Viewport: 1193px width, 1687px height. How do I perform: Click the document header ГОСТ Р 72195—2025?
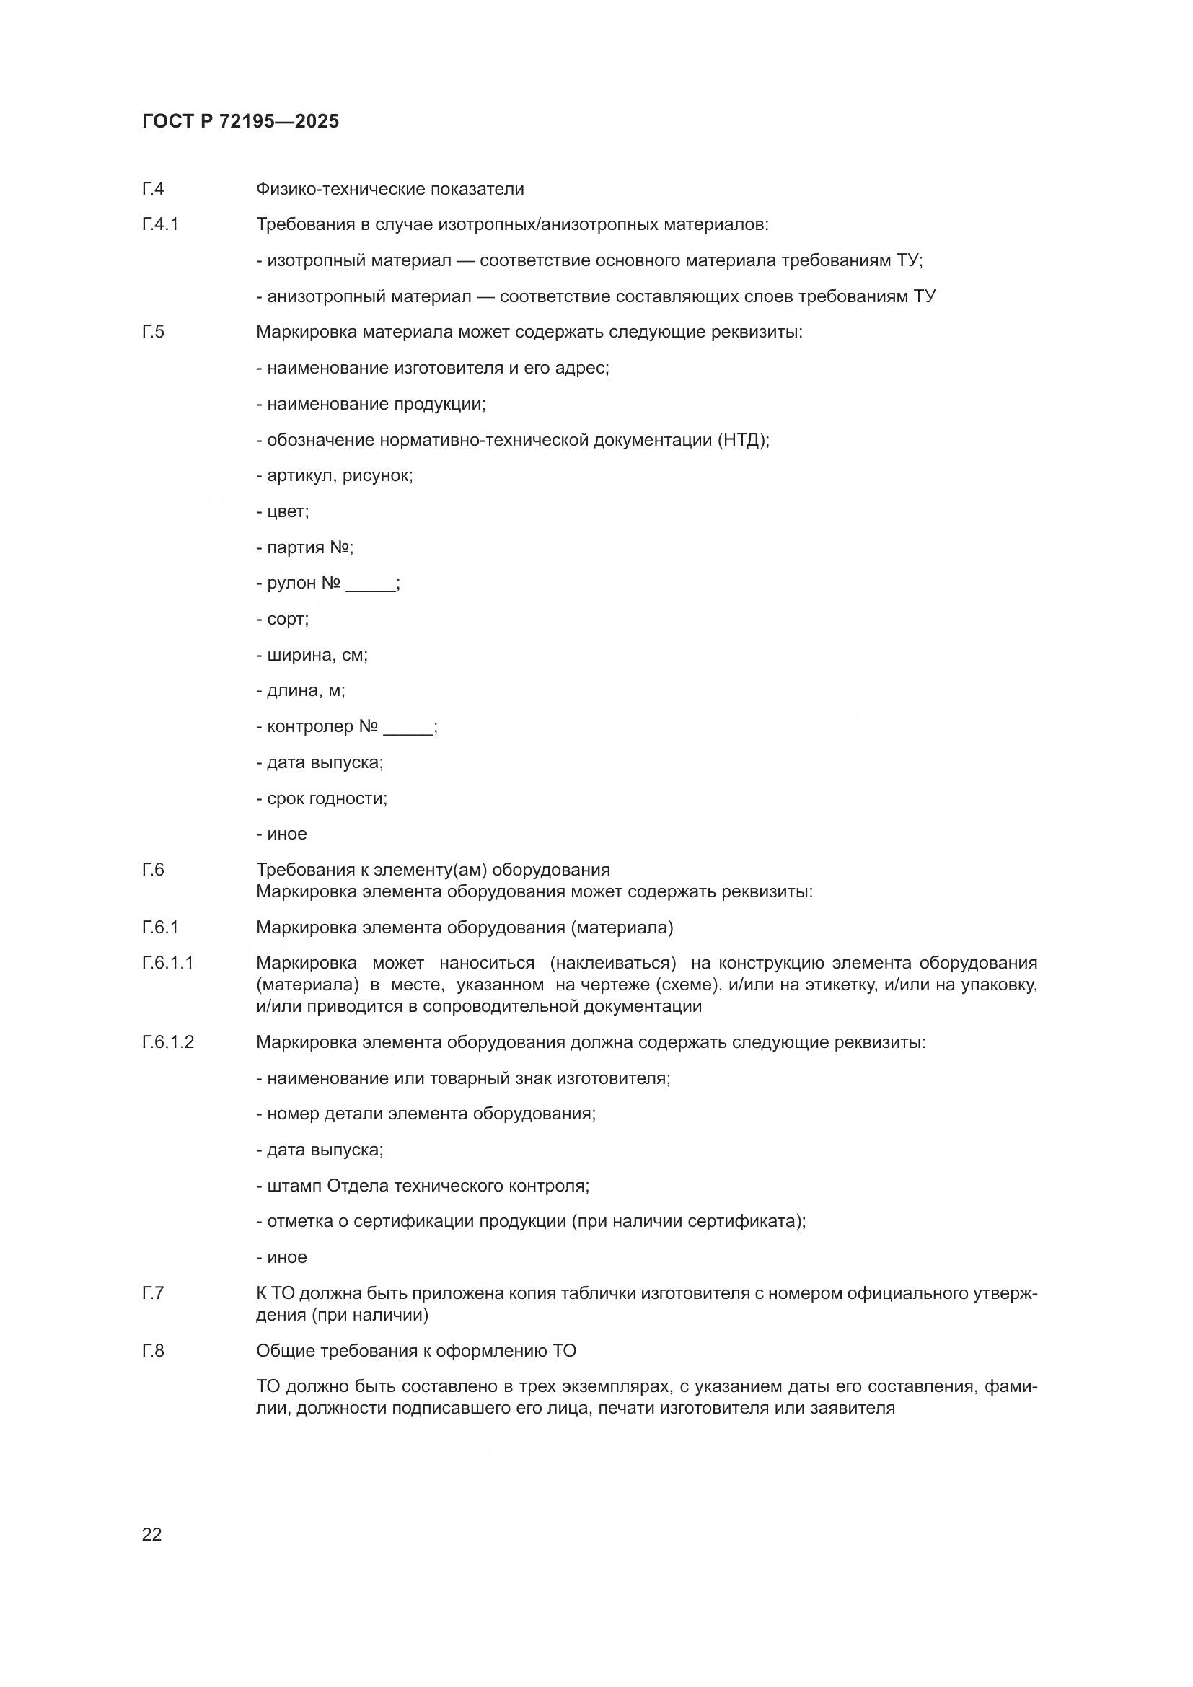tap(240, 121)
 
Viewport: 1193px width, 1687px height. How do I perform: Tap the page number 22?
tap(151, 1534)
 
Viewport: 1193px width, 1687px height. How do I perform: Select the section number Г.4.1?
tap(160, 224)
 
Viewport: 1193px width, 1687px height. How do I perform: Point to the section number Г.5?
tap(153, 332)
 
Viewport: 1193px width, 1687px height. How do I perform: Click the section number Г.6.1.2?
tap(168, 1042)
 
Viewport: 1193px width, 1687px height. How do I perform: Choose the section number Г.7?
tap(153, 1292)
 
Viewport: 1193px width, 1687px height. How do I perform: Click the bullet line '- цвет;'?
tap(283, 511)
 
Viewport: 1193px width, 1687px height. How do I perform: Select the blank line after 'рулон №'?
tap(370, 585)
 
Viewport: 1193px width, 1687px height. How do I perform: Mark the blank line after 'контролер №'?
tap(408, 728)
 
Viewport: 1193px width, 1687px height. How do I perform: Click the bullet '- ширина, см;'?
tap(312, 655)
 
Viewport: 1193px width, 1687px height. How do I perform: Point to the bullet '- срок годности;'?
tap(322, 798)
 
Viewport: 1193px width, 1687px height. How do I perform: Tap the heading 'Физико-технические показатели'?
tap(389, 189)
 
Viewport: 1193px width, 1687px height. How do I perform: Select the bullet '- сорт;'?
tap(283, 619)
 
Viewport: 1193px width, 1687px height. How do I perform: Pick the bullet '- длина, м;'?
tap(301, 691)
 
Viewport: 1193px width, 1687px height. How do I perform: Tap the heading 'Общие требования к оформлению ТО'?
tap(415, 1350)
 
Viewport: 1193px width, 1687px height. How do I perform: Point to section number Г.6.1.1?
tap(167, 963)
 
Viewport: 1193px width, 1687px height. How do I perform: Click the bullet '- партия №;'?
tap(305, 547)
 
